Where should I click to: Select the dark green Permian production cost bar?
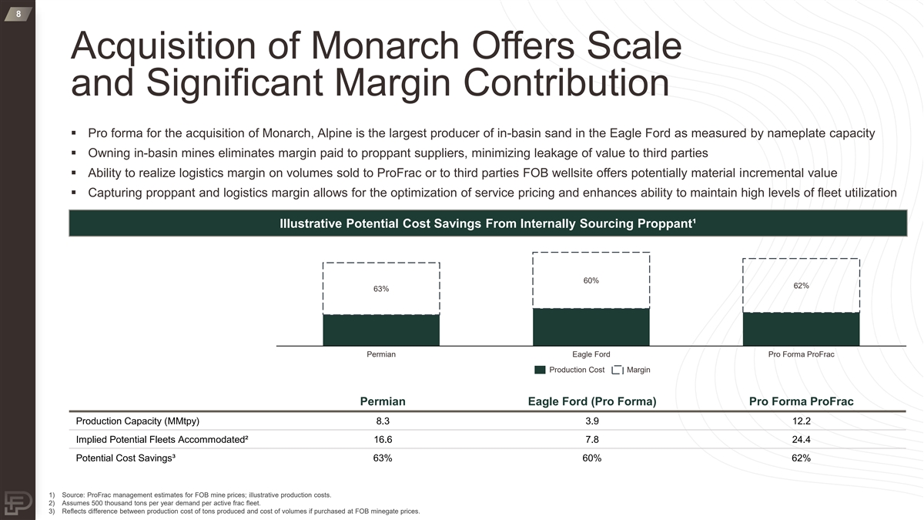[381, 330]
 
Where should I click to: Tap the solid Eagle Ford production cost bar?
[591, 327]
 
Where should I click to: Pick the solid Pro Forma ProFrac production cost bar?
[801, 329]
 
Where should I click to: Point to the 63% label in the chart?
[381, 289]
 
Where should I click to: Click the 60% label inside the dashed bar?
[591, 280]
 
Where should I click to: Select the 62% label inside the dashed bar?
[801, 286]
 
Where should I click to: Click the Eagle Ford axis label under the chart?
[591, 354]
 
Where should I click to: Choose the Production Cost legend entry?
[569, 371]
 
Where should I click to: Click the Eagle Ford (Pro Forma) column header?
[591, 401]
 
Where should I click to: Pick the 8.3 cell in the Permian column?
[383, 421]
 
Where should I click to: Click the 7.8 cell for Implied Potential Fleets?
[591, 440]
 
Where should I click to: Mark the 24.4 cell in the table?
[801, 440]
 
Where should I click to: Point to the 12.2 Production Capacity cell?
[801, 421]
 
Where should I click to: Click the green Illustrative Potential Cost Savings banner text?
[488, 224]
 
